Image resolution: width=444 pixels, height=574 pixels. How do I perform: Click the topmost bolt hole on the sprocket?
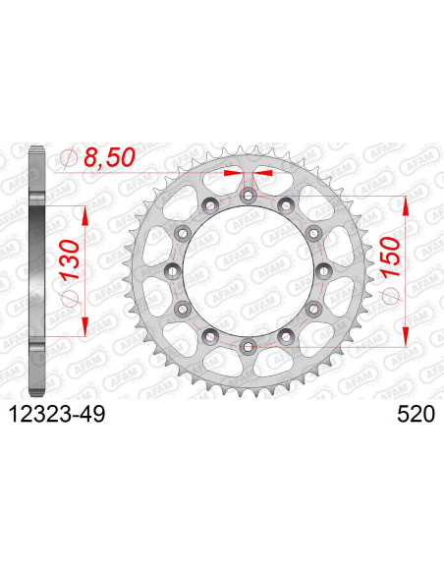[x=247, y=196]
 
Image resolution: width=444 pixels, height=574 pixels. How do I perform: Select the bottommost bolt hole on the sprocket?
[x=247, y=345]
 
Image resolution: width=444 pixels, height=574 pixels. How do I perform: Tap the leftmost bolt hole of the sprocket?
[x=172, y=270]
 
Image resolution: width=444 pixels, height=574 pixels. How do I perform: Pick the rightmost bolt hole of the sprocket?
[x=321, y=270]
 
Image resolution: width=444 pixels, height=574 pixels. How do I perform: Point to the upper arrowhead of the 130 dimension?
[x=85, y=212]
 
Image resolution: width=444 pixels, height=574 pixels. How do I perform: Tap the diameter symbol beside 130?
[x=69, y=297]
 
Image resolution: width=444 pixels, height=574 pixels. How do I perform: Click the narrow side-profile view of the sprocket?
[x=36, y=271]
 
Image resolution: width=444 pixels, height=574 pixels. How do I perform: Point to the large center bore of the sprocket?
[x=247, y=270]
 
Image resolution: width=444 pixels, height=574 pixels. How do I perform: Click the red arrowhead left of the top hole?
[x=234, y=174]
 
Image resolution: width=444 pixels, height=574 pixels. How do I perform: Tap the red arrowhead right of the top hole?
[x=260, y=174]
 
